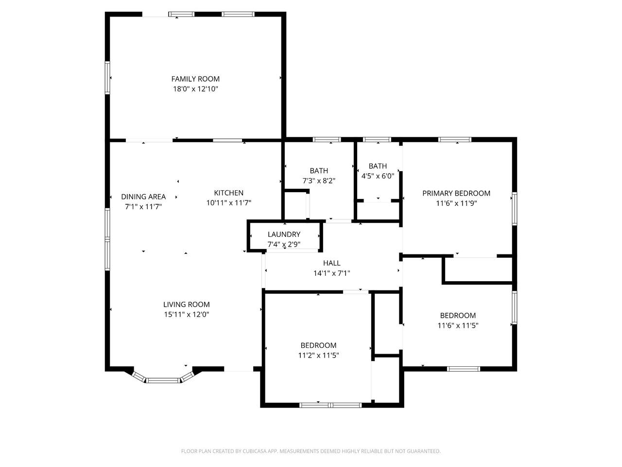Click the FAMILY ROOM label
coord(195,79)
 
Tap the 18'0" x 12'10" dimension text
coord(195,89)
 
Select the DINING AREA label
coord(143,197)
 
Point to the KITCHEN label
coord(229,193)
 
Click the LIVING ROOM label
coord(187,304)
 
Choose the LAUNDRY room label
coord(284,234)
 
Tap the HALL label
coord(332,263)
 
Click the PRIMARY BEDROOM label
coord(456,194)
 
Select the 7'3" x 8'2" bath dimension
coord(319,181)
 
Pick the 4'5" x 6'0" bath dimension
coord(378,176)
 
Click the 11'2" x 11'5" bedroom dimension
coord(318,355)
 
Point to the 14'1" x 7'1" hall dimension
coord(332,273)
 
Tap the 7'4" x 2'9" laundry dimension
coord(284,244)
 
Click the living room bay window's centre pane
coord(163,380)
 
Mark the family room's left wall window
coord(107,78)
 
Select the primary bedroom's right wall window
coord(514,209)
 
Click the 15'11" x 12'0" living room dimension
coord(187,314)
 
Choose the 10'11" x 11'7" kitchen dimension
coord(229,203)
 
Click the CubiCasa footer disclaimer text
coord(311,451)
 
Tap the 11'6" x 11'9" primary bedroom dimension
coord(456,203)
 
